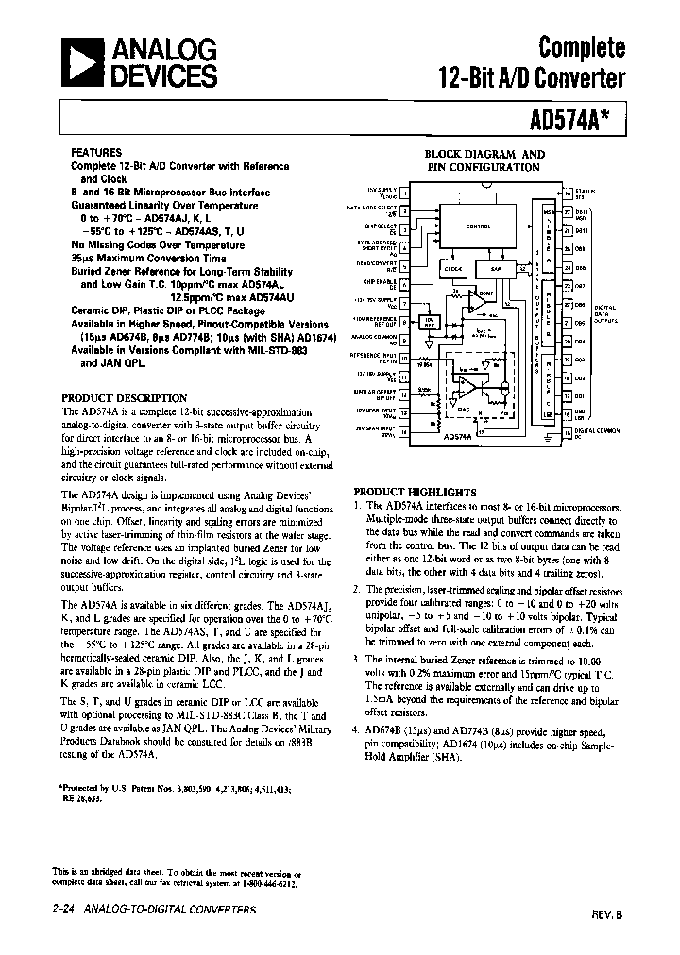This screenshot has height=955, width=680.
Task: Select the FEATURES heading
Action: click(96, 152)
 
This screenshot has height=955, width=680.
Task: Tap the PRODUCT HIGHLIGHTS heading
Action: click(415, 492)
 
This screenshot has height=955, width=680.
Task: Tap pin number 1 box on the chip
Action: click(404, 193)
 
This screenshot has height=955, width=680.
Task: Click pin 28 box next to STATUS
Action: click(568, 193)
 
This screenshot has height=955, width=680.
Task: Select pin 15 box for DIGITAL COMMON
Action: click(568, 432)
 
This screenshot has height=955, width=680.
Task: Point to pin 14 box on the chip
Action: click(404, 432)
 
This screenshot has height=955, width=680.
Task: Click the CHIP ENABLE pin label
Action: click(380, 284)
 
